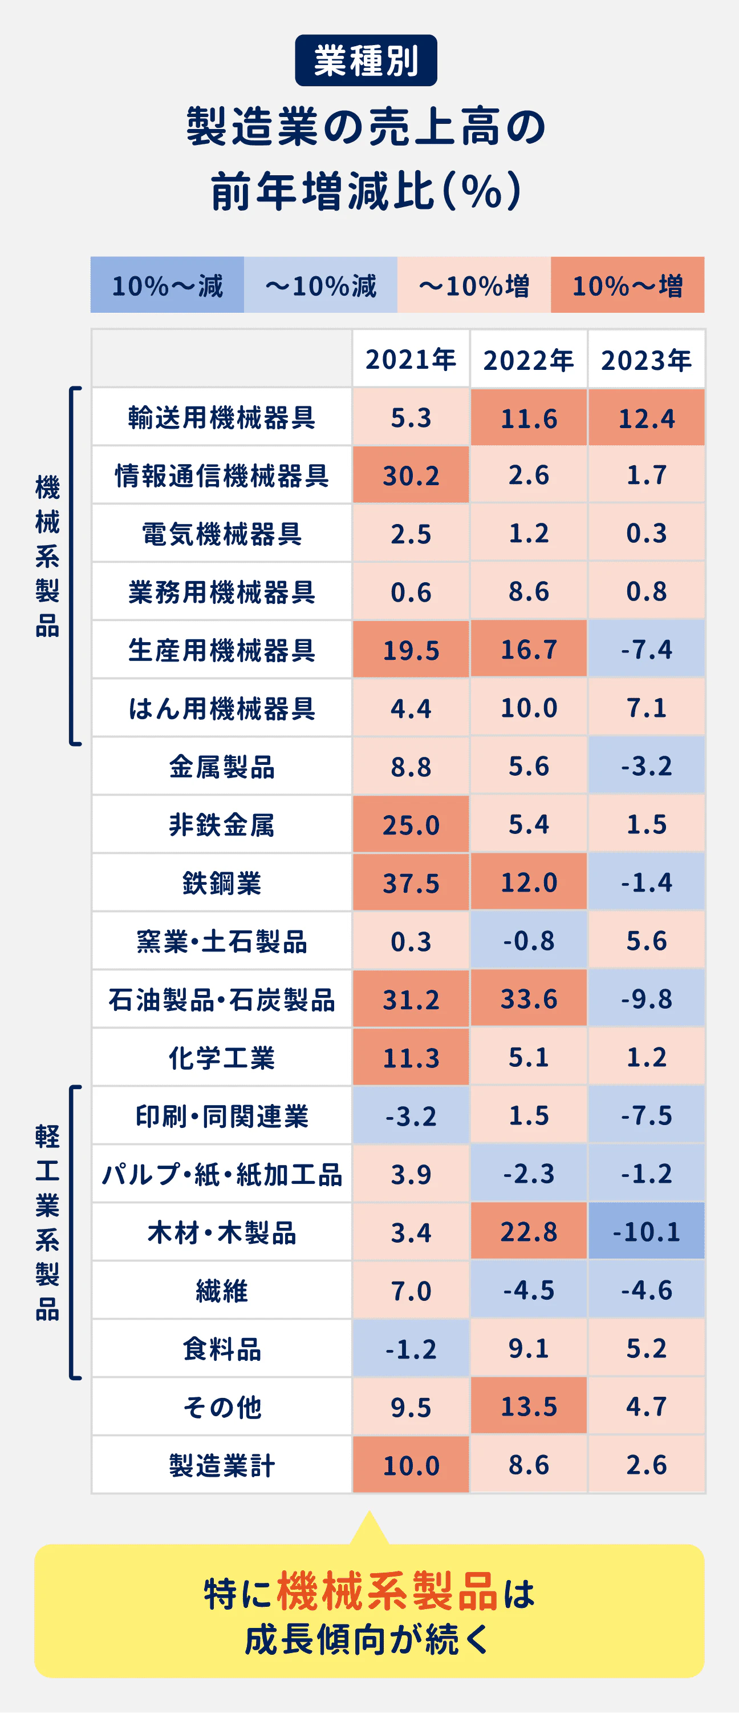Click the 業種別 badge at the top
[x=366, y=61]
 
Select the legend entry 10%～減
[x=167, y=285]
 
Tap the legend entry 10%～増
[x=627, y=285]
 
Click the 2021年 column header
[x=411, y=359]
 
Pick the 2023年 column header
[x=646, y=359]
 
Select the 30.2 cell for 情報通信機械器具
[x=411, y=475]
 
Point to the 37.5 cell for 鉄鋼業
[x=411, y=883]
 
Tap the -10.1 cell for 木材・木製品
[x=646, y=1232]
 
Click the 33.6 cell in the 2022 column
[x=529, y=999]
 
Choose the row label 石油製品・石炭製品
[x=221, y=999]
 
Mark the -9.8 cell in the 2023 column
[x=646, y=999]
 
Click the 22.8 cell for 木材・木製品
[x=529, y=1232]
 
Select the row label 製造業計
[x=221, y=1465]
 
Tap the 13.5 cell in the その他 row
[x=529, y=1406]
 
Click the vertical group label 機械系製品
[x=47, y=556]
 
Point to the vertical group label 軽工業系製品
[x=47, y=1222]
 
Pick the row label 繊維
[x=221, y=1291]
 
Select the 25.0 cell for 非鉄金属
[x=411, y=825]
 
